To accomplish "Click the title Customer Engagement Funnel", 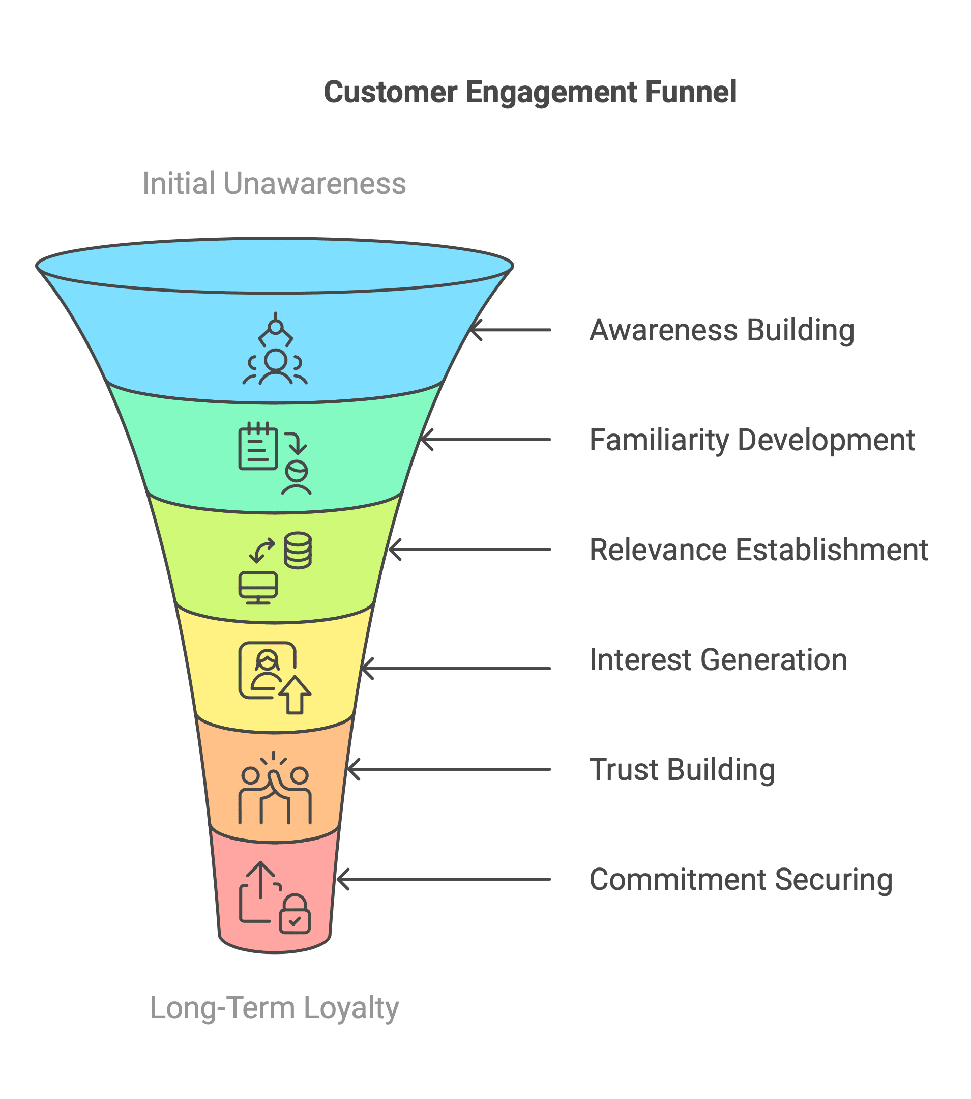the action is point(530,93).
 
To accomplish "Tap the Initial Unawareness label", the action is point(274,183).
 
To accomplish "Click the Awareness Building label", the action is point(722,330).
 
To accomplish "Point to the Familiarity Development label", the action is point(752,440).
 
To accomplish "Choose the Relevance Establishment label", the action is point(758,549).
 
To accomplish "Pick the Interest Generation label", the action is point(718,660).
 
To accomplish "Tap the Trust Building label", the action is point(682,769).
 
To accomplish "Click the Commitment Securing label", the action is point(741,880).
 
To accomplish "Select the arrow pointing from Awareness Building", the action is point(510,330).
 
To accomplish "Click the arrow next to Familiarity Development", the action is point(485,440).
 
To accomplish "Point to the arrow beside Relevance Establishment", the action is point(469,549).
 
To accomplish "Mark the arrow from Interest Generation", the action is point(456,669).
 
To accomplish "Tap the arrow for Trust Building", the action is point(449,769).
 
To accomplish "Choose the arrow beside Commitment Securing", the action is point(444,880).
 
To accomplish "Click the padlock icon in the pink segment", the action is point(295,914).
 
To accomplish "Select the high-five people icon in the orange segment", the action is point(275,788).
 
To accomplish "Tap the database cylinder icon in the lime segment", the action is point(298,551).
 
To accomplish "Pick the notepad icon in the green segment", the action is point(258,446).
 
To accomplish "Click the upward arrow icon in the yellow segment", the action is point(295,695).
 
